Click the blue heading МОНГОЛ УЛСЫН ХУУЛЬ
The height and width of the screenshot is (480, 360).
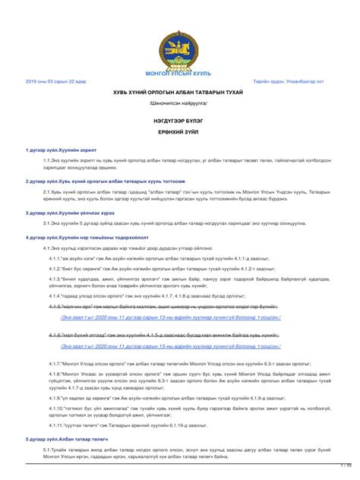[x=180, y=72]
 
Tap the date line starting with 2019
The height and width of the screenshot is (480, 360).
[x=56, y=81]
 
